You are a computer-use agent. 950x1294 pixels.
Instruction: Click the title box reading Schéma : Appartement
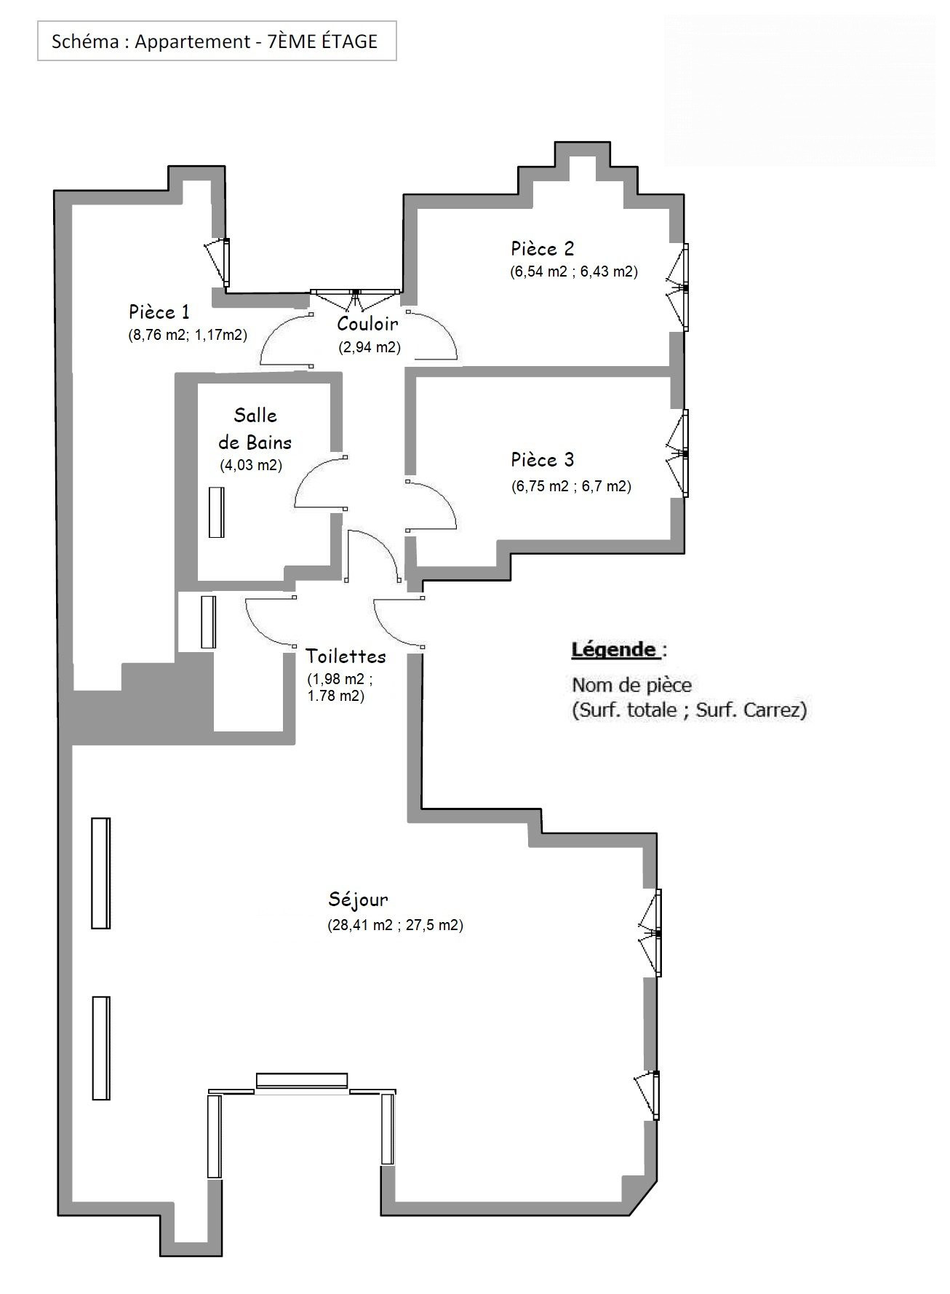217,41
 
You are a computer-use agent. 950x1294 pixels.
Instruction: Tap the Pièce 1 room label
159,312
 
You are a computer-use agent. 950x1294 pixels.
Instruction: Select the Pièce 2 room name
543,248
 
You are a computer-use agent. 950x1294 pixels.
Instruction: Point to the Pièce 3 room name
543,459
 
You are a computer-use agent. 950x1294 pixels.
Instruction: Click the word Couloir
368,324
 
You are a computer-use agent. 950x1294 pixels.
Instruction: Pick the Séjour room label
358,900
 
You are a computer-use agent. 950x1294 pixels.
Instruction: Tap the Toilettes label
346,656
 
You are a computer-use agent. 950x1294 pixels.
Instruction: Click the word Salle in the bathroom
255,416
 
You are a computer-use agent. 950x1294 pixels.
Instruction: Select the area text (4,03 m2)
251,464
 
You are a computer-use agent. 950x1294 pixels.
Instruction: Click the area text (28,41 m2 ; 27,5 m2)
396,925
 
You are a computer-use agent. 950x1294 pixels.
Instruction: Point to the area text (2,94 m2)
370,347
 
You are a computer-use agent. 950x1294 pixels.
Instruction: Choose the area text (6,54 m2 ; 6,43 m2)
574,271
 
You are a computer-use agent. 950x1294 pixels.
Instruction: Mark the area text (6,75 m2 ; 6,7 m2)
571,486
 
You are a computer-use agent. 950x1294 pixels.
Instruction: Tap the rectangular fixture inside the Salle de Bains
216,512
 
